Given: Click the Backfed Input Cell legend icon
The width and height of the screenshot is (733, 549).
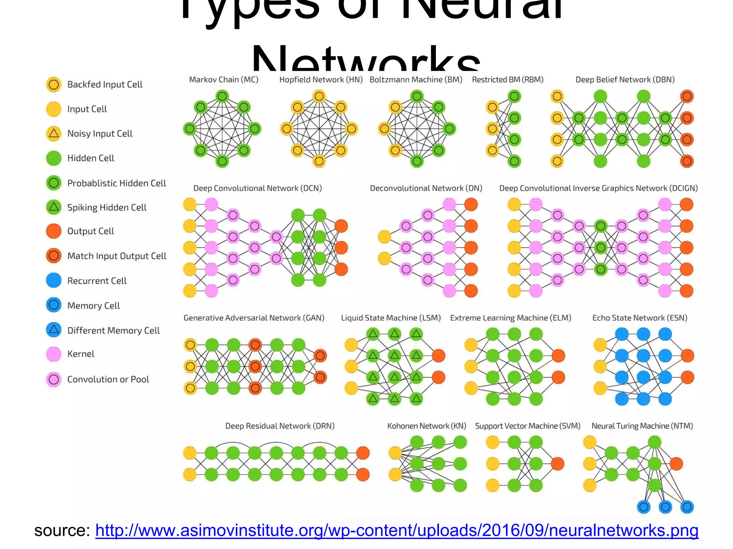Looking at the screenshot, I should click(x=54, y=85).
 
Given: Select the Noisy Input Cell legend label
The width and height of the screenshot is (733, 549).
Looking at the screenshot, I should click(x=100, y=134).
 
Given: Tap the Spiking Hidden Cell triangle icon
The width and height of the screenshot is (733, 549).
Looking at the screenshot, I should click(x=54, y=207).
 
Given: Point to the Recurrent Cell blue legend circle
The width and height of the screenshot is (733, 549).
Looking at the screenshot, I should click(x=54, y=281).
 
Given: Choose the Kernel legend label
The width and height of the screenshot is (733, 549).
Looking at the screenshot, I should click(x=81, y=354).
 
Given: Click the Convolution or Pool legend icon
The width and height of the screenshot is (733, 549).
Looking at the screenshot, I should click(x=54, y=379).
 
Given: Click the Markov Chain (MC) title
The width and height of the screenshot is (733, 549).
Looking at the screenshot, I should click(x=224, y=80).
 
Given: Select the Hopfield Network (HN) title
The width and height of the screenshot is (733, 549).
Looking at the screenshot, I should click(x=321, y=80).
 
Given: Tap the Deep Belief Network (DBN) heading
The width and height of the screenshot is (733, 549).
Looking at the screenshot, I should click(x=625, y=80).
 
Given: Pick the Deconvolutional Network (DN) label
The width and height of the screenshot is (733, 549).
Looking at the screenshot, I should click(x=426, y=188).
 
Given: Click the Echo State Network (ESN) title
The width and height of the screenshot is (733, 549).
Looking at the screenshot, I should click(x=640, y=318).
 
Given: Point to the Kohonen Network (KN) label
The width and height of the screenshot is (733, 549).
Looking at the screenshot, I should click(x=427, y=426).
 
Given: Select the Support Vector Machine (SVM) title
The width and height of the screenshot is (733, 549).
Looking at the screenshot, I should click(x=528, y=426).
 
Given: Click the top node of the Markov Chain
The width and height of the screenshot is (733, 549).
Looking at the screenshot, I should click(x=222, y=96).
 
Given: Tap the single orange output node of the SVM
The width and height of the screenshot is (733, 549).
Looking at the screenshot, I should click(x=558, y=464).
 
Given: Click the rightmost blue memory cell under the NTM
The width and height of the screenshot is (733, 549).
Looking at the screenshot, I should click(x=687, y=507).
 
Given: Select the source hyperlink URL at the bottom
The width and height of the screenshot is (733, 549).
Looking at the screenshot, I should click(x=397, y=530).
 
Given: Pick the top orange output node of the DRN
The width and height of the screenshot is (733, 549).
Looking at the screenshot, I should click(x=363, y=453).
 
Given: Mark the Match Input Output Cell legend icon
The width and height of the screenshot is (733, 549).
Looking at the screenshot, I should click(x=54, y=256).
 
